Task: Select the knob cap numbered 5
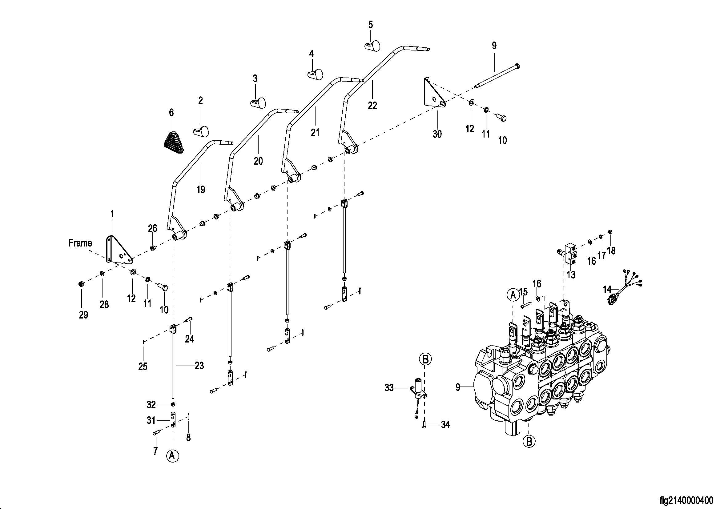click(x=372, y=45)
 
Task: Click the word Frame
click(x=80, y=243)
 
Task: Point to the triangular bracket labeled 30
click(x=434, y=93)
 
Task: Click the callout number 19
click(x=201, y=190)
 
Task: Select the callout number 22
click(x=372, y=106)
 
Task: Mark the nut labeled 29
click(x=81, y=284)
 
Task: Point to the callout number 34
click(x=445, y=425)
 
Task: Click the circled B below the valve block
click(x=529, y=442)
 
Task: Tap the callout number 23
click(x=199, y=366)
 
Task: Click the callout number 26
click(x=152, y=228)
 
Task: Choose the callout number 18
click(x=611, y=251)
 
